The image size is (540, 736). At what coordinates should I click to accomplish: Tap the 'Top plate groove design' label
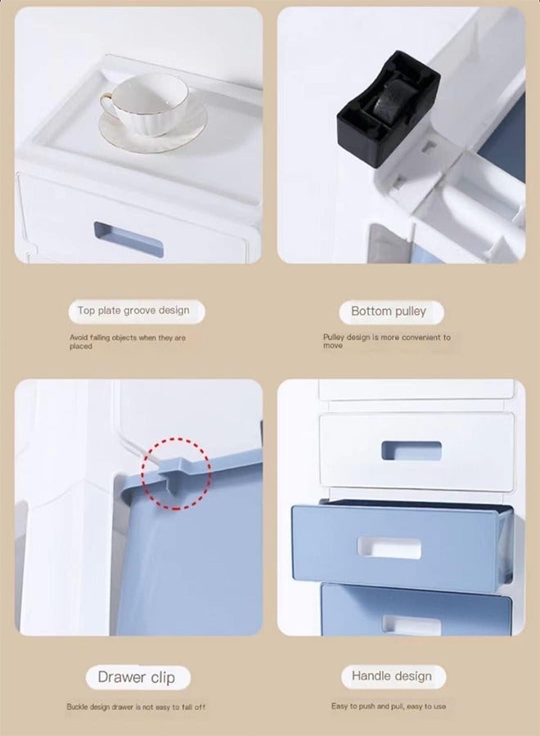[x=133, y=311]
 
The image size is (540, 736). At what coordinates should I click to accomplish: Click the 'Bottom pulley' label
[x=389, y=312]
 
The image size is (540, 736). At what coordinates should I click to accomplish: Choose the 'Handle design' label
[x=391, y=676]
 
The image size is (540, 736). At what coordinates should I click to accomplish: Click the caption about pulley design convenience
[x=386, y=341]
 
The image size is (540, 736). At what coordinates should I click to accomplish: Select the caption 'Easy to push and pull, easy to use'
[x=389, y=706]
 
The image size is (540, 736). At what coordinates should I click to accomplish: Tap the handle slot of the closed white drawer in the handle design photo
[x=411, y=451]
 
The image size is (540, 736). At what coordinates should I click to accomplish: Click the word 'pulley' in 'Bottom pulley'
[x=412, y=312]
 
